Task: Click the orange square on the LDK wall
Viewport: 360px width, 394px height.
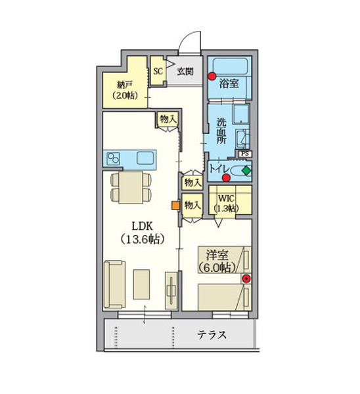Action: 175,206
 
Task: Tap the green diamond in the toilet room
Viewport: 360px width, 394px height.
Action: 246,171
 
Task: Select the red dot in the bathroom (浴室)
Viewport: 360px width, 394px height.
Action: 212,76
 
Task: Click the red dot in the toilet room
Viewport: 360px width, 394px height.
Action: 226,178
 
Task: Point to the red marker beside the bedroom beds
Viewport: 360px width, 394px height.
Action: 246,278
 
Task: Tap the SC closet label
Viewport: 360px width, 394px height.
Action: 158,71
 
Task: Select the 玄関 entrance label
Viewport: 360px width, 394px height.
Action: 185,72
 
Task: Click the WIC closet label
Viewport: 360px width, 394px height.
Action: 226,198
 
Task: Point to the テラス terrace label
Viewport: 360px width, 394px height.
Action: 212,335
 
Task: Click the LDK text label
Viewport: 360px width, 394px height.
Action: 143,226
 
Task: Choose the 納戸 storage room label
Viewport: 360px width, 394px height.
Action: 124,85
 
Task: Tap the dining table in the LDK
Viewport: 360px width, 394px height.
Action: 131,187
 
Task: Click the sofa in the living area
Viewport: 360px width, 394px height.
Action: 115,284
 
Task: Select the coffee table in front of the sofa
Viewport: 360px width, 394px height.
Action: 141,284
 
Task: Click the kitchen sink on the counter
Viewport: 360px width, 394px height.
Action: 145,158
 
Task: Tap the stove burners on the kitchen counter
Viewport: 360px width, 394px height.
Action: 113,158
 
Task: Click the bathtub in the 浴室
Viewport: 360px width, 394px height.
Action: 230,67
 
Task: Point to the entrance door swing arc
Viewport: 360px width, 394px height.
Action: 187,35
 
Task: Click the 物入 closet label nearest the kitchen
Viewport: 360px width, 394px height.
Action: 168,119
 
